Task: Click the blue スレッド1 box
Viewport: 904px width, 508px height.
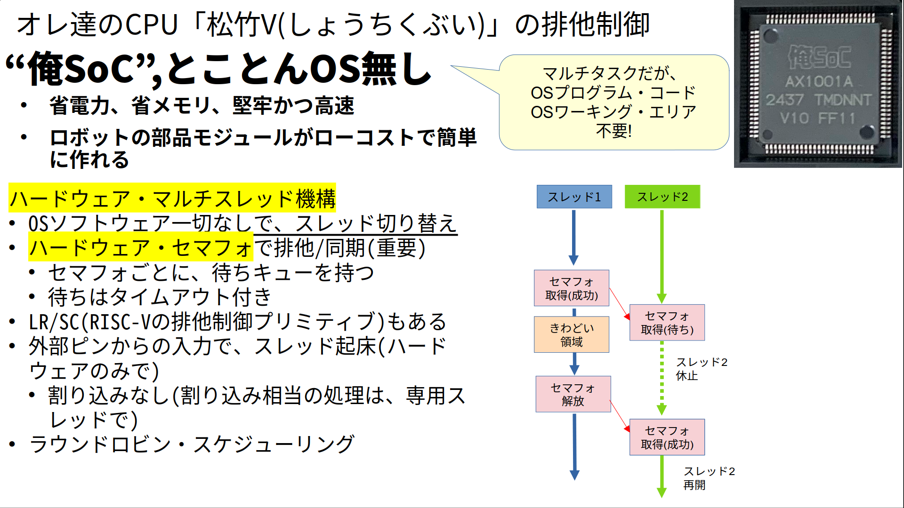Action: point(574,197)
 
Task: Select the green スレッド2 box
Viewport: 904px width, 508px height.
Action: point(662,197)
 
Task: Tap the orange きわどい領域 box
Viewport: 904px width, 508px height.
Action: point(571,334)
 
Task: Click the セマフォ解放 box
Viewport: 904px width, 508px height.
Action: point(573,394)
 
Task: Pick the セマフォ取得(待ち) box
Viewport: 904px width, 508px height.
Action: point(667,323)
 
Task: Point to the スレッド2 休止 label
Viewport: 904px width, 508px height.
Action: point(701,369)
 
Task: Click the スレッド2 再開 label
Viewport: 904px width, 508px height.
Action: point(709,478)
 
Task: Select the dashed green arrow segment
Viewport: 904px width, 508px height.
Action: point(662,376)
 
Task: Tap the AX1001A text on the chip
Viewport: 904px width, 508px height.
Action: point(819,82)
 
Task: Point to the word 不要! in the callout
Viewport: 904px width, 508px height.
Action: point(613,131)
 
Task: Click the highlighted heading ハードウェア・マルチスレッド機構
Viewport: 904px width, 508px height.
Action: point(172,198)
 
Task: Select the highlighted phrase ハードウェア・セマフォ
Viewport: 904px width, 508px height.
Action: point(140,248)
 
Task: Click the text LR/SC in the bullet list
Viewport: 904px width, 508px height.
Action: point(53,322)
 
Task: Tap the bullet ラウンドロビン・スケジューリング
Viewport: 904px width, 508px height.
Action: point(191,444)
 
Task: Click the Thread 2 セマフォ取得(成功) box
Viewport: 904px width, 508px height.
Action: point(667,437)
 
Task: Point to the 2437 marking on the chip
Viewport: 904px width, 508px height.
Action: point(784,100)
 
